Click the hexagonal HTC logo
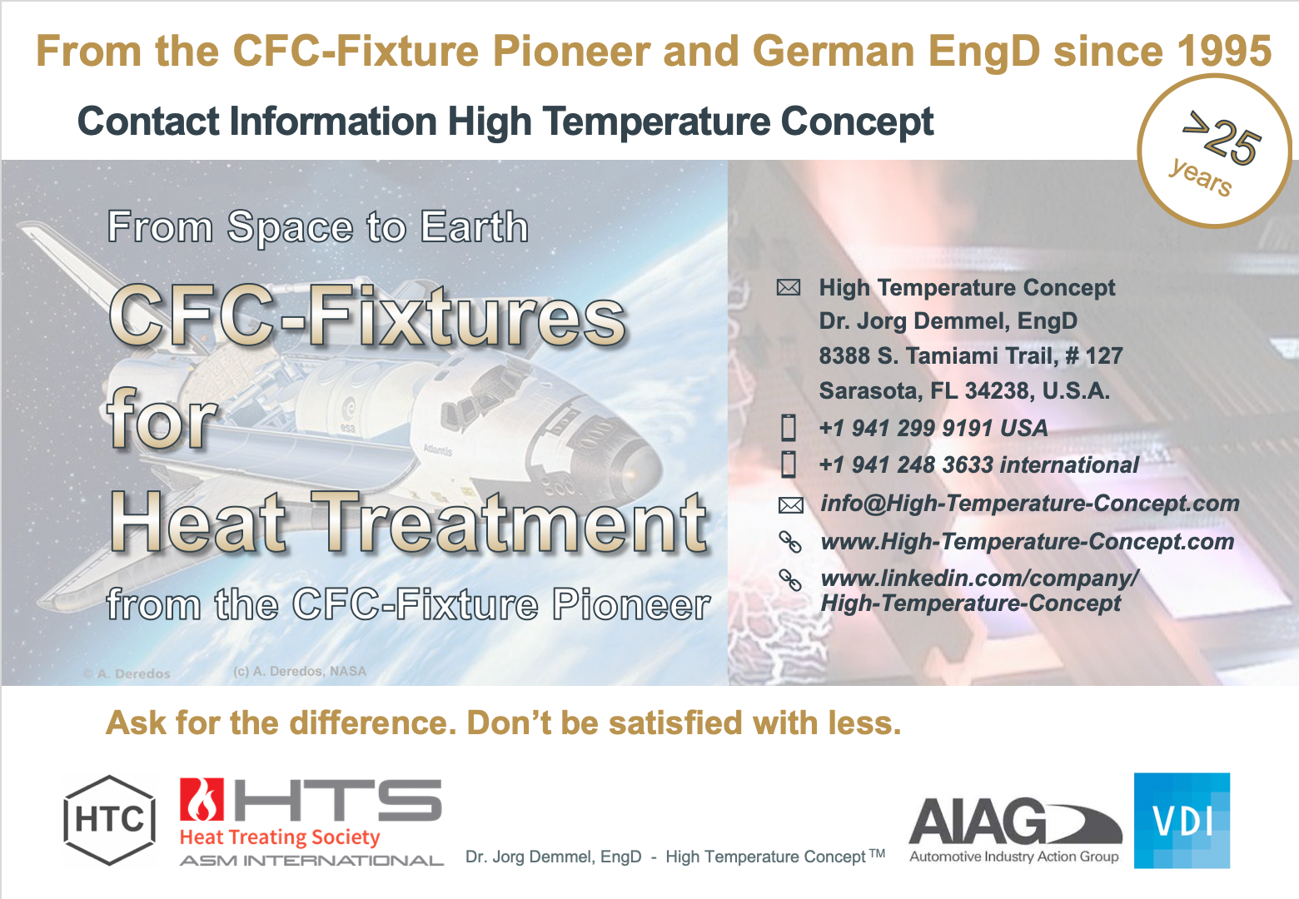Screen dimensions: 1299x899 [110, 820]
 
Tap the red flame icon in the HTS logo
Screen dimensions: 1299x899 [202, 799]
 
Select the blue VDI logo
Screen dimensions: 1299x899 [1182, 820]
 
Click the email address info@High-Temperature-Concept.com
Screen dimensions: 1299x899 [1030, 503]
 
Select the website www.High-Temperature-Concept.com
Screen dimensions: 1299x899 [1028, 541]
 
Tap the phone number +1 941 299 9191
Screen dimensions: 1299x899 [908, 429]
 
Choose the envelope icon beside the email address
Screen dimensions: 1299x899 [790, 505]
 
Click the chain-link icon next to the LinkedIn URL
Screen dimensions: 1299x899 [790, 579]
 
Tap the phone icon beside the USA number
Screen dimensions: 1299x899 [789, 428]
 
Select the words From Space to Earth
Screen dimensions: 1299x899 [318, 226]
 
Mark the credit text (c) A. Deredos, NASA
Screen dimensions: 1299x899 [300, 671]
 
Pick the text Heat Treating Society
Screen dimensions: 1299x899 [280, 837]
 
